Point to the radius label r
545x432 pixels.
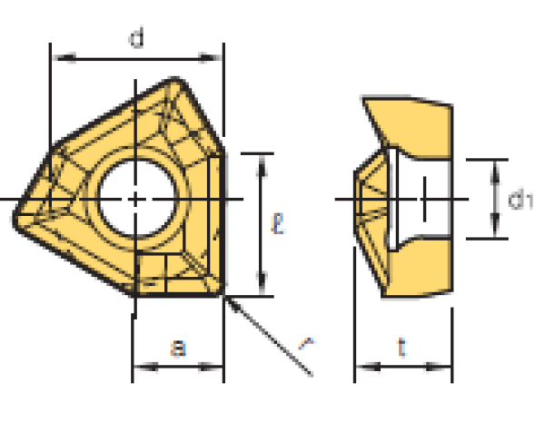point(306,342)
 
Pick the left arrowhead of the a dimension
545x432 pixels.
point(139,368)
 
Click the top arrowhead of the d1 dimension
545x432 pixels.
point(495,164)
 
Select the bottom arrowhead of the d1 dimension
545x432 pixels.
point(495,233)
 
